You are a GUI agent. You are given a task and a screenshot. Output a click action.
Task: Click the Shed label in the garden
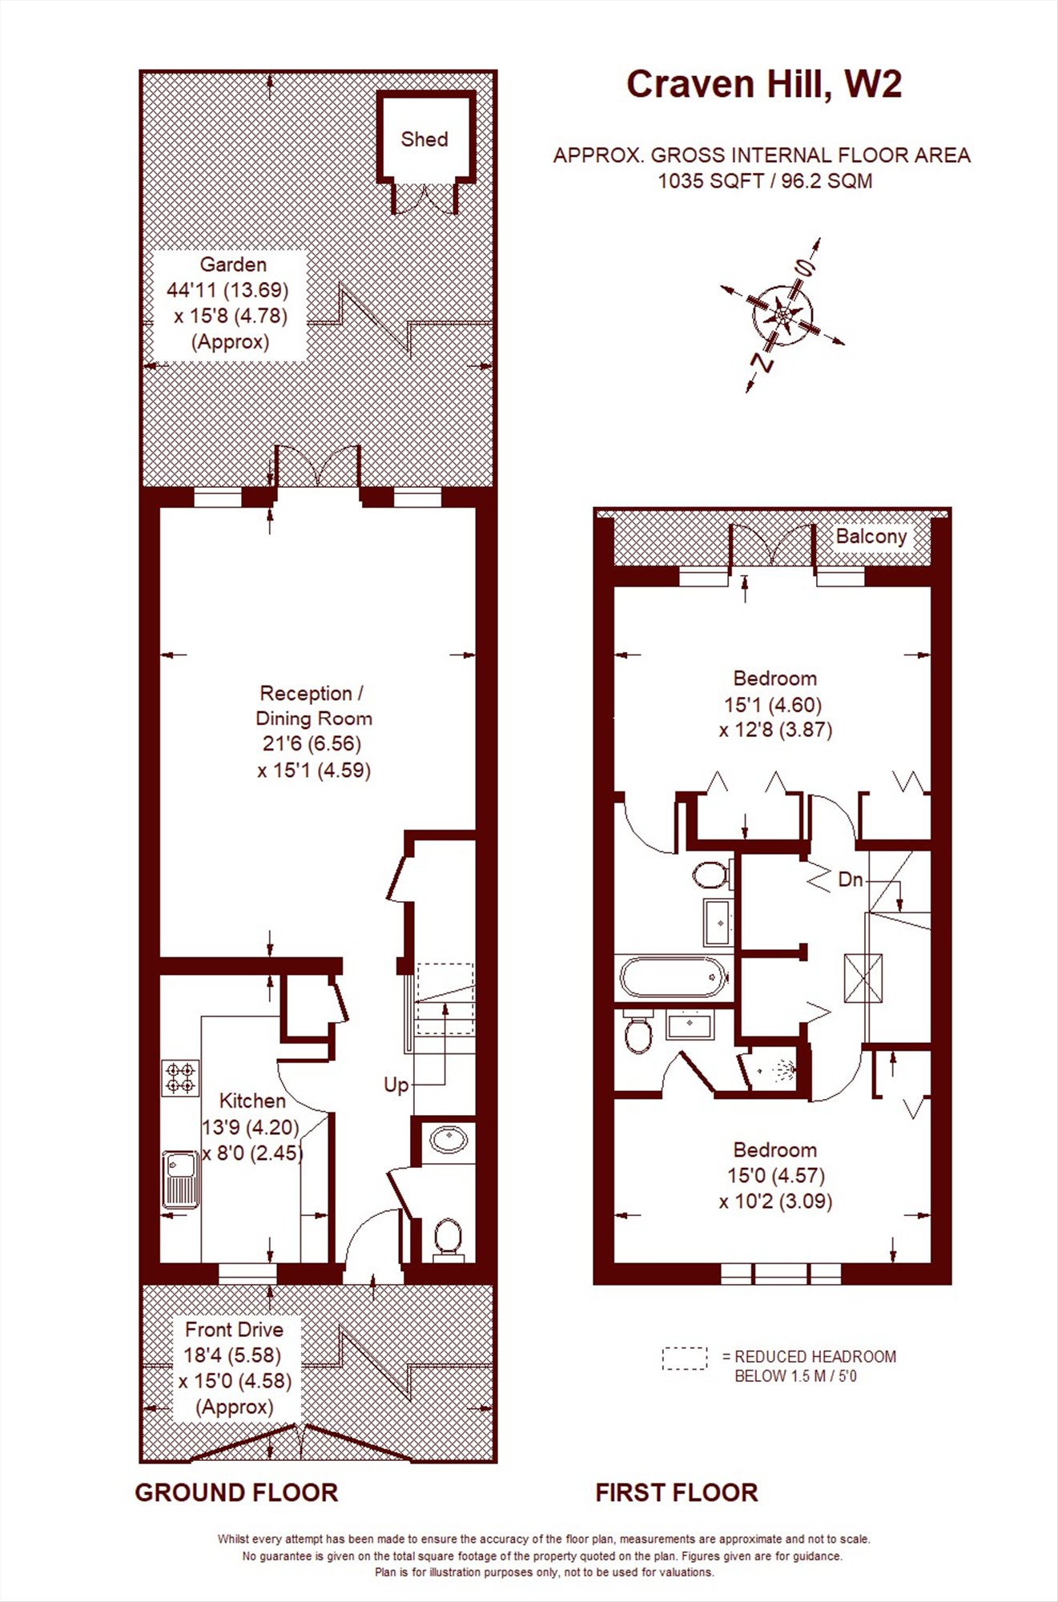pyautogui.click(x=424, y=139)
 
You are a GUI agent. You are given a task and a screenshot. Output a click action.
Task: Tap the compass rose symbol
pyautogui.click(x=782, y=315)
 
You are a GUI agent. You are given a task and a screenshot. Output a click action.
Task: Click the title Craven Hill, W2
pyautogui.click(x=763, y=85)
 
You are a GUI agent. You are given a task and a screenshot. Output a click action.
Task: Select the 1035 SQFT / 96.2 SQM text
pyautogui.click(x=764, y=181)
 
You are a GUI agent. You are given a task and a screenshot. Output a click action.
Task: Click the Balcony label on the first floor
pyautogui.click(x=871, y=536)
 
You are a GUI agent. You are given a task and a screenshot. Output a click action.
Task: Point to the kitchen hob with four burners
pyautogui.click(x=180, y=1077)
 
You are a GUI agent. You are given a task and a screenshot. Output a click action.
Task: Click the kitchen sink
pyautogui.click(x=180, y=1179)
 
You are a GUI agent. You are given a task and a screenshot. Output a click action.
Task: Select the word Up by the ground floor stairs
pyautogui.click(x=396, y=1085)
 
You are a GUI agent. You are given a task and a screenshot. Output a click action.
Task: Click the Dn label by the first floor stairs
pyautogui.click(x=850, y=879)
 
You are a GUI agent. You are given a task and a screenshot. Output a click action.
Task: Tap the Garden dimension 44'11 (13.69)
pyautogui.click(x=227, y=290)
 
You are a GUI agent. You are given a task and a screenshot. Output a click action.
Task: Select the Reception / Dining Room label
pyautogui.click(x=312, y=706)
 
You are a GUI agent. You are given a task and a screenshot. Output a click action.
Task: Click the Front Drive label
pyautogui.click(x=234, y=1330)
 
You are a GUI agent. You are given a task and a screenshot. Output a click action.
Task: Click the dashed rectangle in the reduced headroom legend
pyautogui.click(x=685, y=1358)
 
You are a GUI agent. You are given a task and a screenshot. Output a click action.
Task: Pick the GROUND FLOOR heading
pyautogui.click(x=236, y=1492)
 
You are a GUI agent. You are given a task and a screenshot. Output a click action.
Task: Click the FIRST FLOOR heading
pyautogui.click(x=676, y=1492)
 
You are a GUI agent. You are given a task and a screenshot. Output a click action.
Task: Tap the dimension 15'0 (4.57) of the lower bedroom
pyautogui.click(x=775, y=1176)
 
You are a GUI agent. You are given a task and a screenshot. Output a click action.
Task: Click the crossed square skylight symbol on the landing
pyautogui.click(x=863, y=977)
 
